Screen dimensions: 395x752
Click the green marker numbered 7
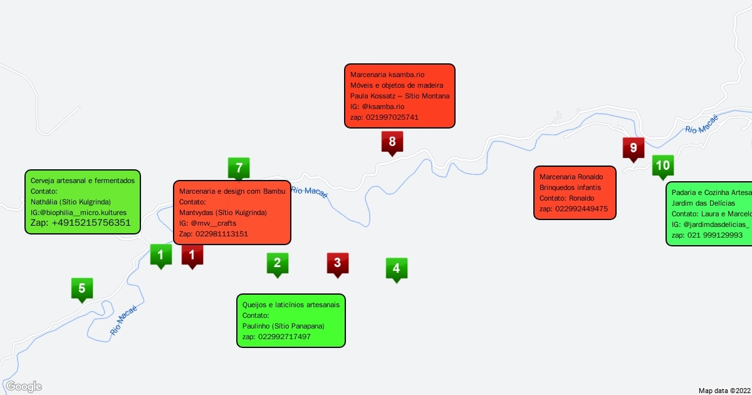(239, 168)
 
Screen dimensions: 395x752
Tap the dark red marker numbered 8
(392, 142)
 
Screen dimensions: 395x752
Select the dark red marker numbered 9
(633, 149)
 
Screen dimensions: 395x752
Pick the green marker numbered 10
(663, 166)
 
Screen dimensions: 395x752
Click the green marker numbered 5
(82, 289)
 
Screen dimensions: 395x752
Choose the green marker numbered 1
(161, 255)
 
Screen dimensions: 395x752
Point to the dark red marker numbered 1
(192, 255)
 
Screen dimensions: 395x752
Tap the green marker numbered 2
(277, 263)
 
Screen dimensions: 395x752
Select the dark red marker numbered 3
(337, 263)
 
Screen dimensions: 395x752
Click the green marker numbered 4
(396, 268)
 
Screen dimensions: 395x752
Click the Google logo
(23, 386)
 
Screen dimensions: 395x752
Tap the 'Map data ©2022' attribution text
(724, 390)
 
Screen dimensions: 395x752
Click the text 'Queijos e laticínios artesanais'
(291, 305)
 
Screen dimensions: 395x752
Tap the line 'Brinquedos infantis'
(570, 187)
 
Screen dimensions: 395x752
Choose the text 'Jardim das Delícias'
(699, 203)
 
